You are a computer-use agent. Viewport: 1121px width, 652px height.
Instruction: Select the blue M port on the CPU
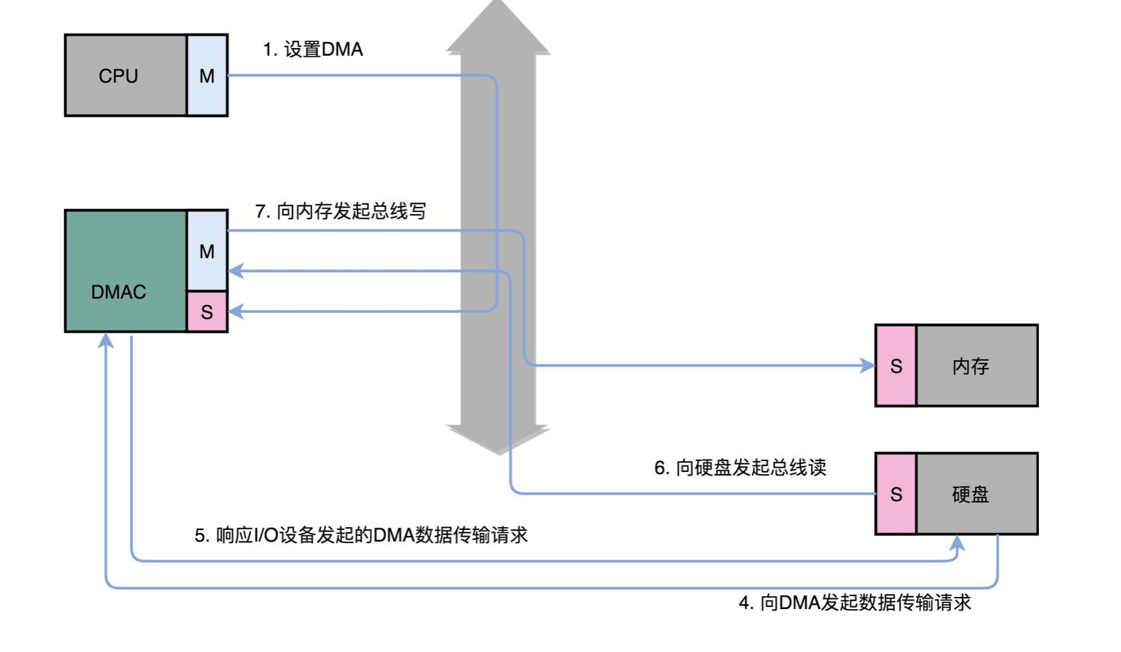207,76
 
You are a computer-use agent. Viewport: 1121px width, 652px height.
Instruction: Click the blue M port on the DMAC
207,250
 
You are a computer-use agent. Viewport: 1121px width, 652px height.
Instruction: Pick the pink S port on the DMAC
207,311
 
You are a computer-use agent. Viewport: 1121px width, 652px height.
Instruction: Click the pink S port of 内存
896,366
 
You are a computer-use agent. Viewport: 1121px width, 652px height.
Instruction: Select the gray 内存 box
977,366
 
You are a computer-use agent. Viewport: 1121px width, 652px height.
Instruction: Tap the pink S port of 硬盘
896,494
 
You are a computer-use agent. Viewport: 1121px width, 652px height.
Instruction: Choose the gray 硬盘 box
977,494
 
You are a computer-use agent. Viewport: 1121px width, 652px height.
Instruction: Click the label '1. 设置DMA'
313,49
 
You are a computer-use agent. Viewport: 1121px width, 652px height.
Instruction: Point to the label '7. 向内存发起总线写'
341,211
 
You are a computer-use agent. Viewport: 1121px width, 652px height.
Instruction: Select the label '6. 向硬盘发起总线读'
740,468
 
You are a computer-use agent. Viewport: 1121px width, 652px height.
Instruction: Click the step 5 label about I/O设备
361,535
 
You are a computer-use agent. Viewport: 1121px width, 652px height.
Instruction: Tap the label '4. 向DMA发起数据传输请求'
855,603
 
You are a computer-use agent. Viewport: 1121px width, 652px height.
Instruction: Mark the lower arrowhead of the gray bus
498,439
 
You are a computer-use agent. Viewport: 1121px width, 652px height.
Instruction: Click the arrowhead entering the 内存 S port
868,366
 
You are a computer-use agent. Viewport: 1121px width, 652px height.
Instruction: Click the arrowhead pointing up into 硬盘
958,542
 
